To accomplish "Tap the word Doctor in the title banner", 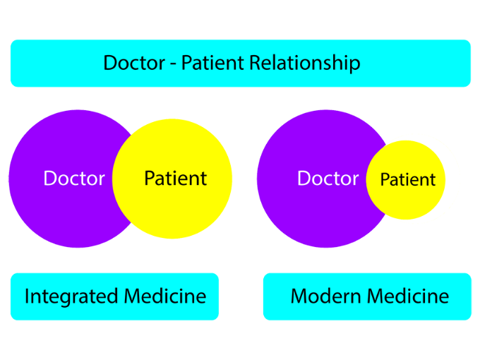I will pyautogui.click(x=133, y=63).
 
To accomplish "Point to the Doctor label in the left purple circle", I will pyautogui.click(x=74, y=179).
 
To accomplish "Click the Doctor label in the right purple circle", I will pyautogui.click(x=328, y=179).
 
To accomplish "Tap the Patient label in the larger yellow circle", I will pyautogui.click(x=175, y=179).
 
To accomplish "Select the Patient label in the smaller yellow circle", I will pyautogui.click(x=408, y=180).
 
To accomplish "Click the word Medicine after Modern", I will pyautogui.click(x=407, y=296).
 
